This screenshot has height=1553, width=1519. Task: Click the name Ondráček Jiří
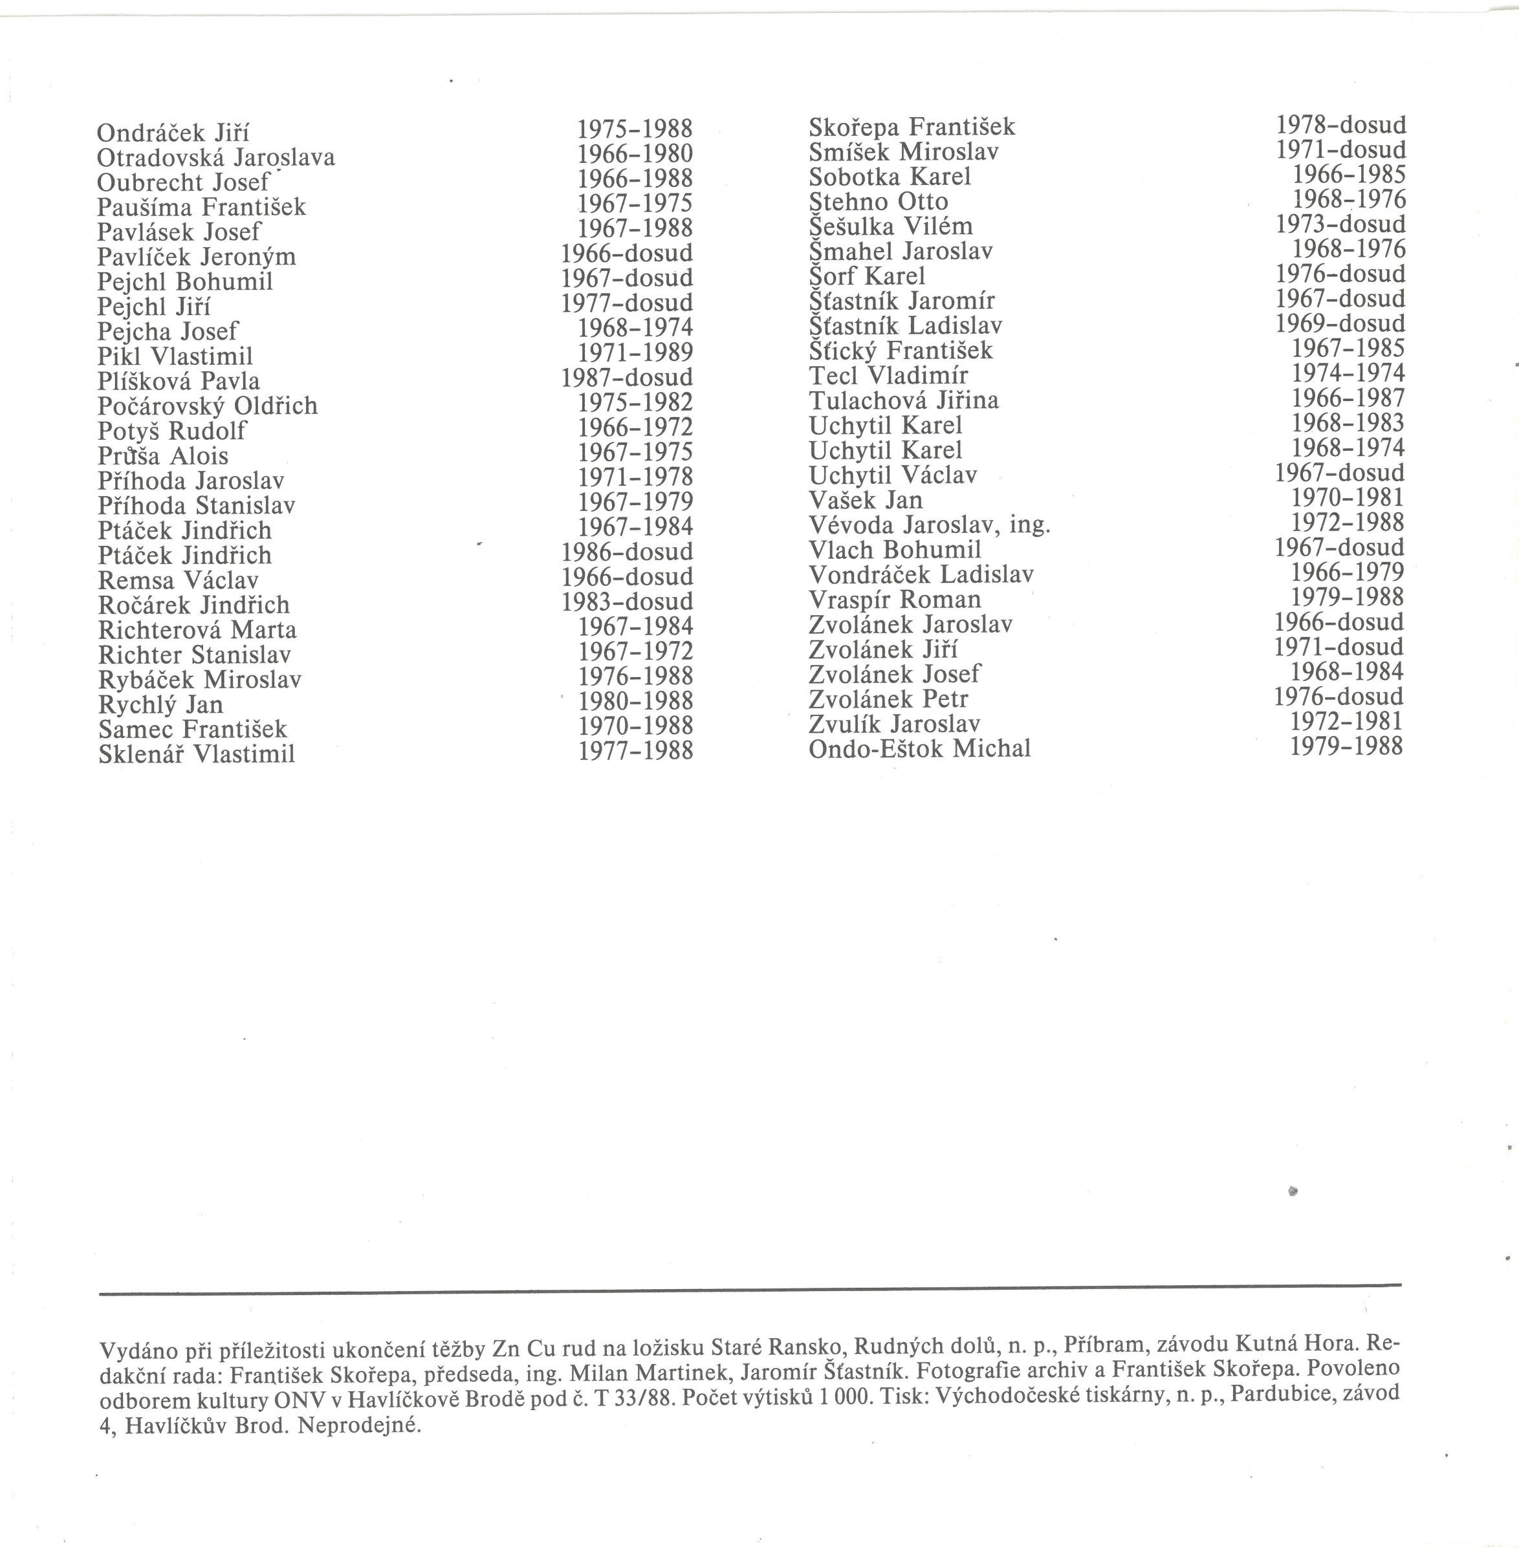click(x=173, y=133)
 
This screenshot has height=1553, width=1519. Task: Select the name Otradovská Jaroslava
click(x=215, y=157)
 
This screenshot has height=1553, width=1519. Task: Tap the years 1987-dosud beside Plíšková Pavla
click(x=626, y=377)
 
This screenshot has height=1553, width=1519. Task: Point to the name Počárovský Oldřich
click(x=208, y=406)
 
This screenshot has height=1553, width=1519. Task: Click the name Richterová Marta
click(x=197, y=630)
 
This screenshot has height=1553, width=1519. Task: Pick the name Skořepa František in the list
click(x=912, y=127)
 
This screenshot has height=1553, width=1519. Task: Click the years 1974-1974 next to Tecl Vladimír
click(x=1348, y=373)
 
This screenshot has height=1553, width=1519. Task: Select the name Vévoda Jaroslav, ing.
click(x=930, y=525)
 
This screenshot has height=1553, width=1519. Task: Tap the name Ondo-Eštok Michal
click(x=919, y=749)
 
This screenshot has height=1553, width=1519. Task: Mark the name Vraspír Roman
click(x=894, y=599)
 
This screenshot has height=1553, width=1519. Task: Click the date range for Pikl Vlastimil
click(x=636, y=353)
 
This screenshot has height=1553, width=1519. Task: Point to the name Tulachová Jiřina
click(x=903, y=400)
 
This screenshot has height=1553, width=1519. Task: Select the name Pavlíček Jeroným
click(x=196, y=257)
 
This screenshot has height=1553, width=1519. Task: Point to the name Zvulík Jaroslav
click(x=894, y=723)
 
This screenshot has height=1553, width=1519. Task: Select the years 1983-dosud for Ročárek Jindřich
click(x=626, y=602)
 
